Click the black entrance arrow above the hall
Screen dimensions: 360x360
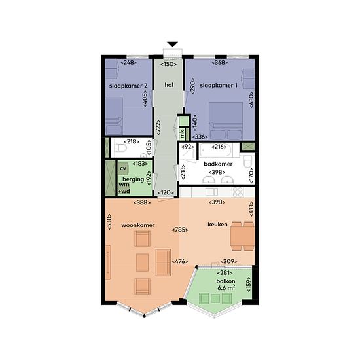click(x=172, y=44)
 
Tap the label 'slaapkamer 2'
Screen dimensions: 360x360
click(x=128, y=86)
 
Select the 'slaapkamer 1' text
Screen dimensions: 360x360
click(x=219, y=86)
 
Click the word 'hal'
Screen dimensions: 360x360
click(x=169, y=85)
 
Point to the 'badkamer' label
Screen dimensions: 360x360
click(x=218, y=164)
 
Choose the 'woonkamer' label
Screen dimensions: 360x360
click(x=137, y=225)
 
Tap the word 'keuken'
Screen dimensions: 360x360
click(x=217, y=225)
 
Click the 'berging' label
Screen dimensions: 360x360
click(x=133, y=179)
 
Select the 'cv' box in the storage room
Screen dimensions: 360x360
click(x=123, y=168)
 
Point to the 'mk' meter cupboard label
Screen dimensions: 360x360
click(x=182, y=134)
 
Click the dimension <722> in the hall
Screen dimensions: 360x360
click(x=158, y=128)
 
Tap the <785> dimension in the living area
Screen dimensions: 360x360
click(x=180, y=230)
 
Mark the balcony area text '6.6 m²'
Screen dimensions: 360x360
click(x=226, y=287)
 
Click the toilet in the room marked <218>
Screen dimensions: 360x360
click(x=120, y=148)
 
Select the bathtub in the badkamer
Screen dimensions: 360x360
click(x=216, y=150)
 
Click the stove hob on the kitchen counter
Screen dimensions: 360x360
click(x=238, y=192)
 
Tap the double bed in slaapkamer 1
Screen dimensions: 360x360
click(x=226, y=121)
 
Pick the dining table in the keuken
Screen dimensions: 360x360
click(x=242, y=236)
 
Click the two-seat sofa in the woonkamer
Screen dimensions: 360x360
click(x=163, y=262)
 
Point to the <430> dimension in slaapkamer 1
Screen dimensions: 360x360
click(x=251, y=99)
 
